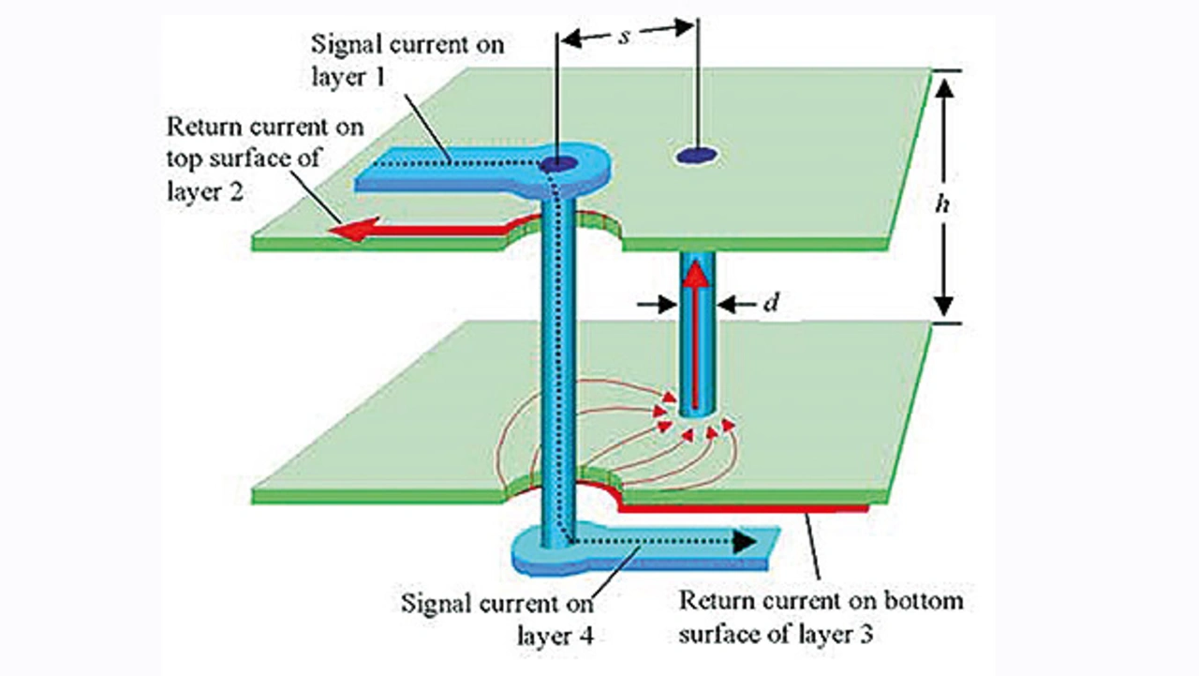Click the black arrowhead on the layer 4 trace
pos(745,541)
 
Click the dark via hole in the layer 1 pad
pos(559,164)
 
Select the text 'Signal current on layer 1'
pos(410,58)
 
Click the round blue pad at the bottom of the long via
pos(543,560)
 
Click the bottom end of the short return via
pos(698,413)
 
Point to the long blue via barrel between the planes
pos(560,356)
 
